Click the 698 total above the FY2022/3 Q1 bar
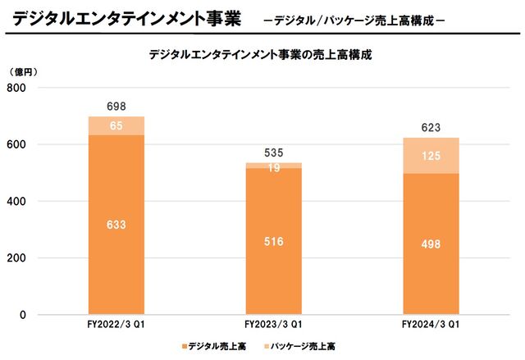[116, 107]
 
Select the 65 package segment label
[116, 125]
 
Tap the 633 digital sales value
[116, 224]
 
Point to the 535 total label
[273, 153]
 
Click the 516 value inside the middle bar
[273, 240]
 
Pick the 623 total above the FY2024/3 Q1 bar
[430, 127]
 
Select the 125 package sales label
[430, 156]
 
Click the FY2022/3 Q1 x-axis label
[116, 326]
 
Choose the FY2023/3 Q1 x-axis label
[273, 326]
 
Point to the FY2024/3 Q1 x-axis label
[430, 326]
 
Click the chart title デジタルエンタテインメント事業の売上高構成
[262, 55]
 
